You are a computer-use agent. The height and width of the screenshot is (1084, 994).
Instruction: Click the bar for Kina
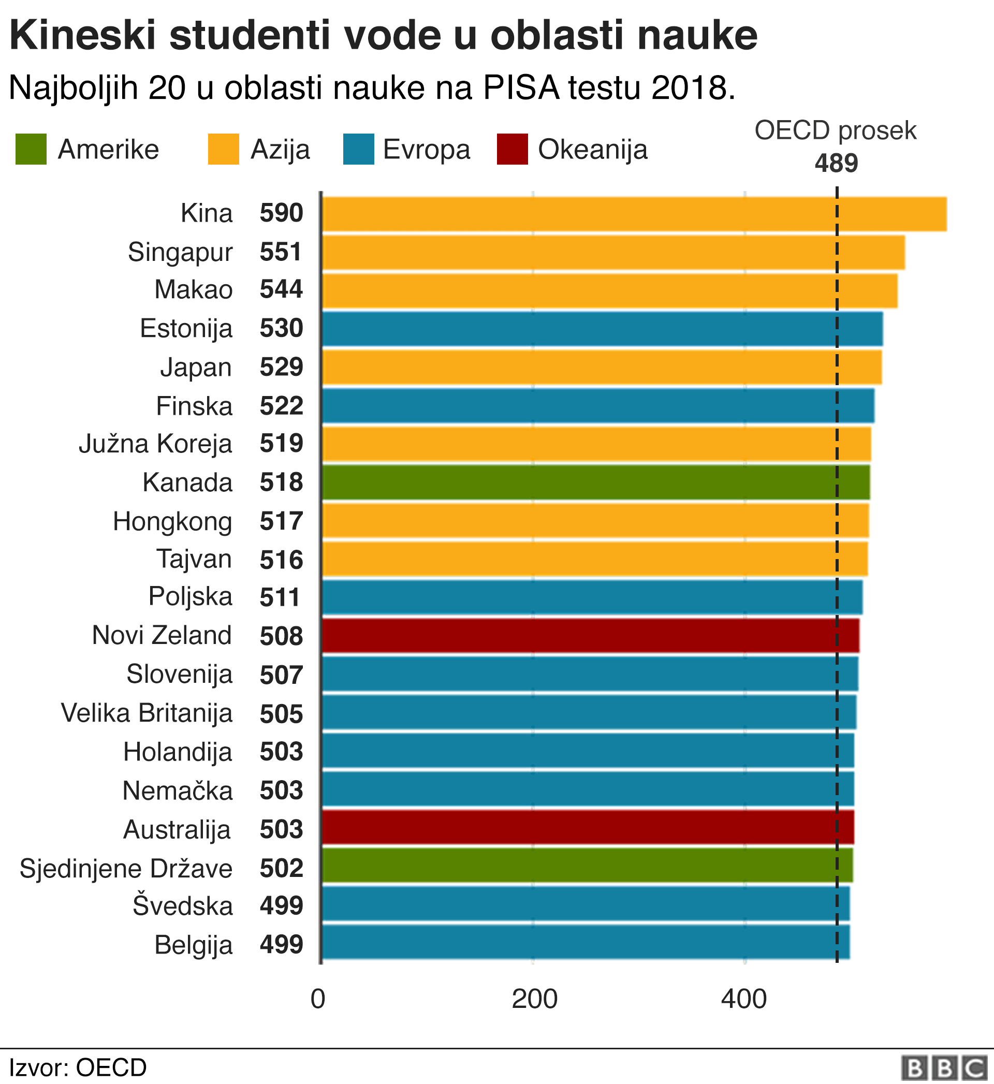[634, 214]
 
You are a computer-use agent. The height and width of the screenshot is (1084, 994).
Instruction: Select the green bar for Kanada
[595, 482]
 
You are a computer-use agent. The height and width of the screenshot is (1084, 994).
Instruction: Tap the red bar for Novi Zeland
[590, 636]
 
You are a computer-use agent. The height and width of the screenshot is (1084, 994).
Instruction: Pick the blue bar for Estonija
[602, 329]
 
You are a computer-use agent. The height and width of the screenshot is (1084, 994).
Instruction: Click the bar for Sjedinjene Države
[587, 865]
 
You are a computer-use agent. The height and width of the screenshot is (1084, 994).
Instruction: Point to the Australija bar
[588, 827]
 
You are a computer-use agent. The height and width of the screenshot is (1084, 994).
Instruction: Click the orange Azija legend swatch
[223, 149]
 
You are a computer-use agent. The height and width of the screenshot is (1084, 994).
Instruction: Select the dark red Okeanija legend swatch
[512, 149]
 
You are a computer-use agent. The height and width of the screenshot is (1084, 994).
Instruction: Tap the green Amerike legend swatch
[31, 149]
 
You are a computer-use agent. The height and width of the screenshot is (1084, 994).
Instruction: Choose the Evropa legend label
[426, 150]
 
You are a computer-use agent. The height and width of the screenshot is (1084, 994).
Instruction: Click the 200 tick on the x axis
[534, 999]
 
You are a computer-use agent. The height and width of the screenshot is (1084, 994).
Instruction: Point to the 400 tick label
[744, 999]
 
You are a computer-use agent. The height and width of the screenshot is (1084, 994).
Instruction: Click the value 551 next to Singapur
[281, 252]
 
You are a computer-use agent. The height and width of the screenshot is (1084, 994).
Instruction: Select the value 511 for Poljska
[280, 597]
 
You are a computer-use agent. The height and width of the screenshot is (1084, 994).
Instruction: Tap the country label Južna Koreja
[155, 444]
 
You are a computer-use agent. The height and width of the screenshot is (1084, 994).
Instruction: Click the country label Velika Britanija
[147, 713]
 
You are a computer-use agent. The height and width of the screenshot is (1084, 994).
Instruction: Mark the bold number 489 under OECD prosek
[836, 163]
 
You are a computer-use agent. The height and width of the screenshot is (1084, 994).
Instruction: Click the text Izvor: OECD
[78, 1067]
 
